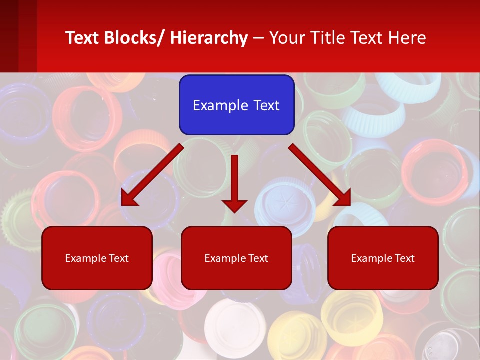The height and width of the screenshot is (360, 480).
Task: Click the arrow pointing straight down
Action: tap(234, 180)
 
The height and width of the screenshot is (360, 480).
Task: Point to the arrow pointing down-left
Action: tap(152, 175)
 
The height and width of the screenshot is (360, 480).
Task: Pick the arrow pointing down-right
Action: tap(320, 175)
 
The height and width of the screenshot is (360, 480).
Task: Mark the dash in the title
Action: tap(258, 38)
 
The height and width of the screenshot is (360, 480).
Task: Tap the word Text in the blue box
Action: tap(265, 105)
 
